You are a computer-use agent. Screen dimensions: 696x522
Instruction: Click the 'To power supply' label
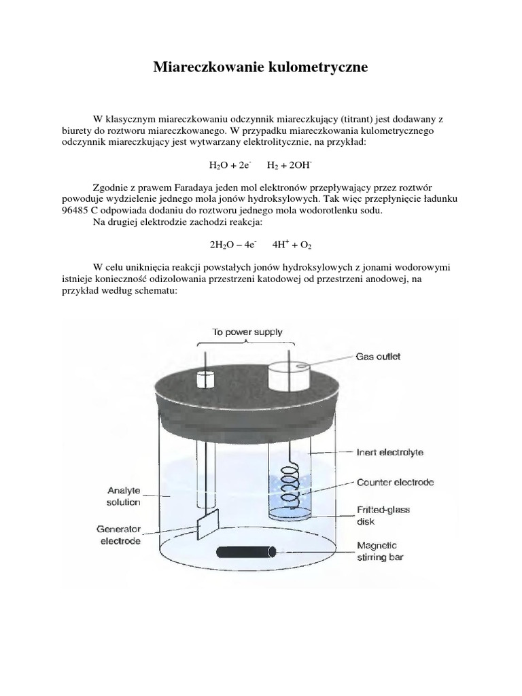247,332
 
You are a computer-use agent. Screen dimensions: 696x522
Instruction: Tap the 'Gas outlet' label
379,356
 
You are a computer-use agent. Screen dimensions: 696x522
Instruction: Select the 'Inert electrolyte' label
390,451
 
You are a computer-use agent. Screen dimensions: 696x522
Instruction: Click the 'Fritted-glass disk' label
383,515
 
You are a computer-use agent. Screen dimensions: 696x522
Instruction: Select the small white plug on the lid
205,378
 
